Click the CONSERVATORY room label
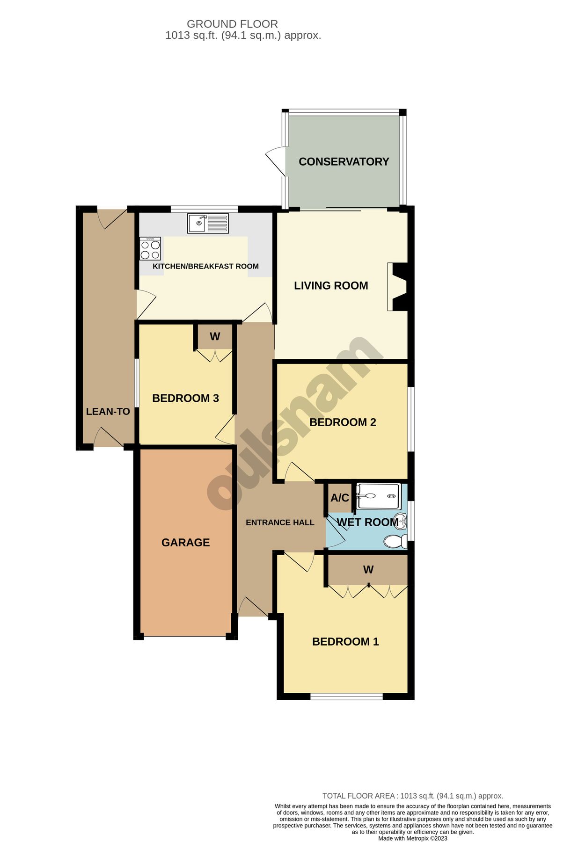coord(344,161)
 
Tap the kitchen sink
coord(208,223)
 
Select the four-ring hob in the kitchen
coord(150,248)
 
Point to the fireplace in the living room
coord(397,287)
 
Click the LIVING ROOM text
coord(331,285)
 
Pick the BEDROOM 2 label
coord(343,422)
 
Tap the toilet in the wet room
coord(395,542)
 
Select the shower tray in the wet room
coord(378,496)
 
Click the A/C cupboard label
coord(340,498)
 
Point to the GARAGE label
coord(185,542)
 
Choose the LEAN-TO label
coord(108,412)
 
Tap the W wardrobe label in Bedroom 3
coord(215,336)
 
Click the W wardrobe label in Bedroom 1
coord(368,569)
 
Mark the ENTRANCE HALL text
coord(280,523)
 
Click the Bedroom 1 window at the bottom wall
coord(346,697)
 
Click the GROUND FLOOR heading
coord(232,24)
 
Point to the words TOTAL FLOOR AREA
coord(359,796)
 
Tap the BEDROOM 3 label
coord(185,398)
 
